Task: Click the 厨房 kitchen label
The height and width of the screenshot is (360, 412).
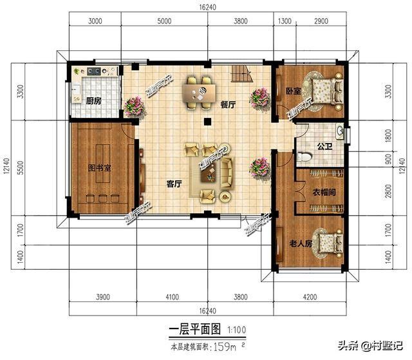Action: pos(93,101)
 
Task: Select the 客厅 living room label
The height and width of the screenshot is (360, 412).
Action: pos(174,184)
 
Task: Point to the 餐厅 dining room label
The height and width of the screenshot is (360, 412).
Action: pos(228,103)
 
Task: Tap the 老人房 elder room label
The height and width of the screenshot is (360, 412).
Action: pos(301,243)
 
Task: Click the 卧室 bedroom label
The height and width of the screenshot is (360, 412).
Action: pos(294,91)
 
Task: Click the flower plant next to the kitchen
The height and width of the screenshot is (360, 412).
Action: pos(134,104)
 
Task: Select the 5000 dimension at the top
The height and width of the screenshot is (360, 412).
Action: pos(165,21)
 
